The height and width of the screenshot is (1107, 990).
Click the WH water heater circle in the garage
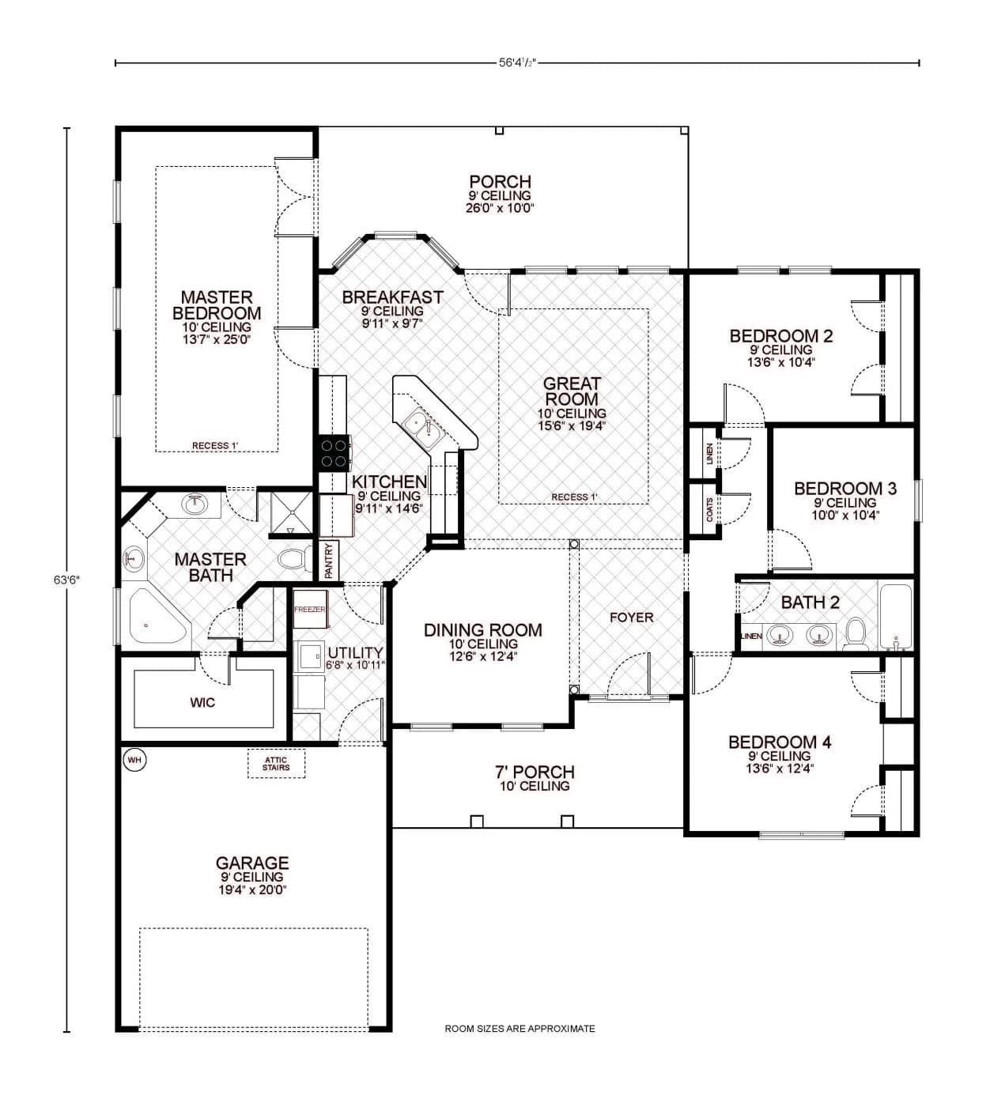[x=134, y=760]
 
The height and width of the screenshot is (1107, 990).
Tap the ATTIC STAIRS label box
[x=276, y=764]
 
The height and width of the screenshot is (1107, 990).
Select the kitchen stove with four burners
[x=334, y=454]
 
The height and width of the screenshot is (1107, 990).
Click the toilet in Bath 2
[x=856, y=633]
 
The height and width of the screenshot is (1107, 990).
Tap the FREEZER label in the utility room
[x=309, y=610]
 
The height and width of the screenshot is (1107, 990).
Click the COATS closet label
[x=709, y=509]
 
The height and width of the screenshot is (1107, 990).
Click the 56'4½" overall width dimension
[x=518, y=62]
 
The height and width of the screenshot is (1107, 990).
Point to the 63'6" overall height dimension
[x=66, y=580]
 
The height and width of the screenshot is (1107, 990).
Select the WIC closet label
[x=202, y=702]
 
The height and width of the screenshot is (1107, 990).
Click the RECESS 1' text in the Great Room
[x=575, y=497]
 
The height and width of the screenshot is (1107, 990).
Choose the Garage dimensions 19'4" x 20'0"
[x=253, y=890]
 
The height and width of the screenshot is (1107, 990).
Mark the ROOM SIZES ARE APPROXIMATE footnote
[x=520, y=1029]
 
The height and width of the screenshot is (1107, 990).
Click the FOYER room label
[x=631, y=617]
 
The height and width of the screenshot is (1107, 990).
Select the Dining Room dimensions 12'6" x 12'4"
[x=482, y=656]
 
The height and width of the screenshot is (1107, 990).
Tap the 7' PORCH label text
[x=535, y=772]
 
